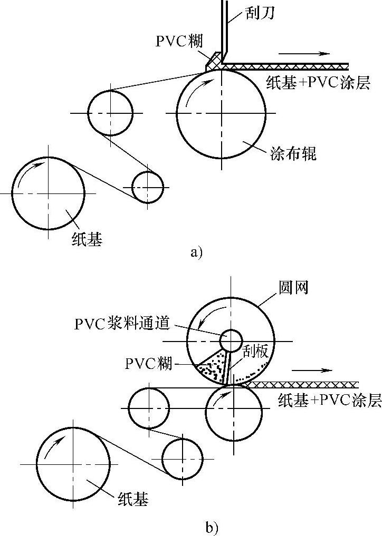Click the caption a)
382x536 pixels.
[x=196, y=252]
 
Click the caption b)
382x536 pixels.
[x=211, y=526]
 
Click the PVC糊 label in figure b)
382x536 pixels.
[x=148, y=363]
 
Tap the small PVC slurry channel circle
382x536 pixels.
[x=231, y=340]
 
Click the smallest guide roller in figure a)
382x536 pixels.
[x=147, y=187]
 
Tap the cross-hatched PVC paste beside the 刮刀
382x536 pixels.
[x=213, y=62]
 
